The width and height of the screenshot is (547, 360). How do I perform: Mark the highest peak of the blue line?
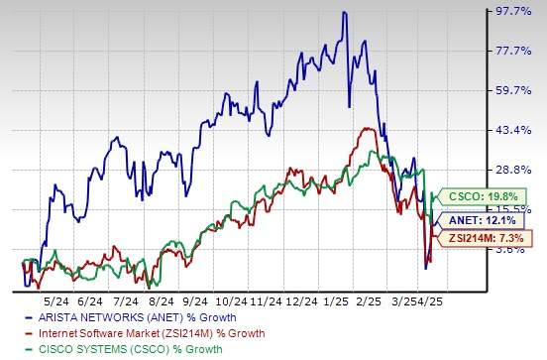click(x=343, y=12)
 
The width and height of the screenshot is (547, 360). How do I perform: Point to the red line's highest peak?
click(x=368, y=128)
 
